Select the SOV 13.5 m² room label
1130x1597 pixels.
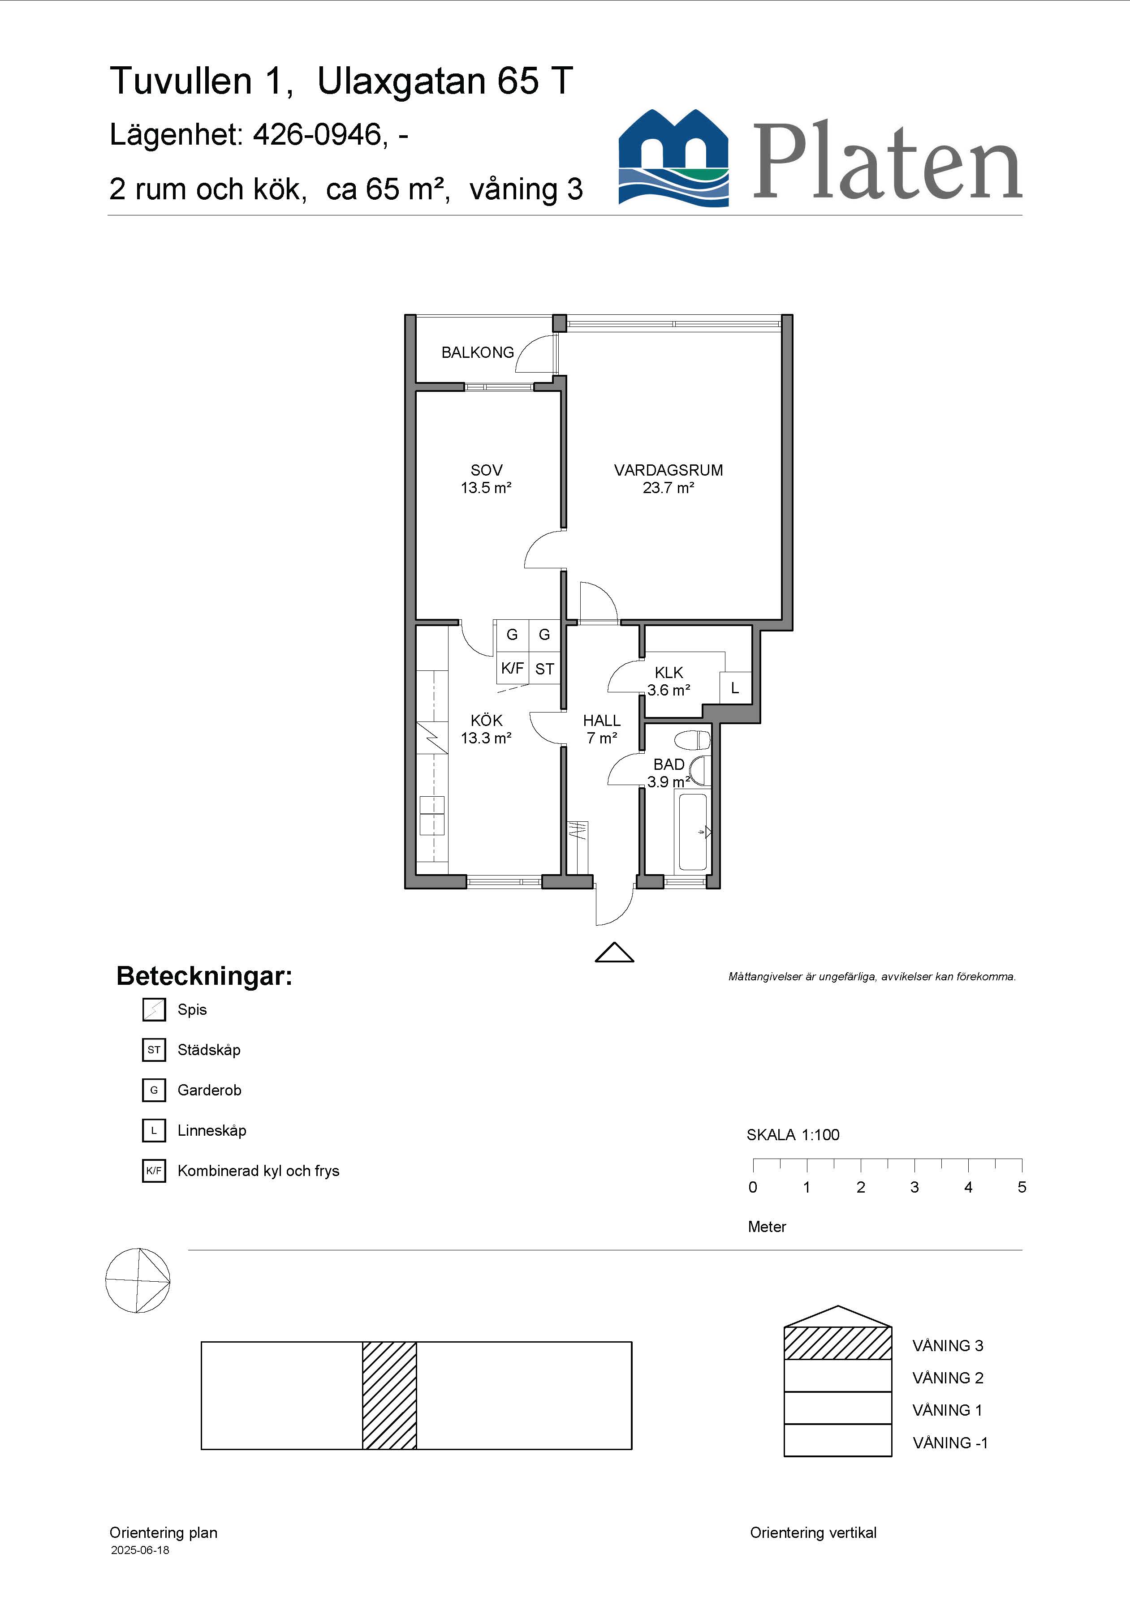pos(487,479)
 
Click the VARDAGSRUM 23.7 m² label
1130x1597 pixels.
pos(668,479)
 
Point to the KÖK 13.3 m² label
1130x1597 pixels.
pos(487,730)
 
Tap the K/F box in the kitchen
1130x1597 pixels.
pos(512,669)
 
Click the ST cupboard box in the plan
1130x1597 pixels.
pos(544,669)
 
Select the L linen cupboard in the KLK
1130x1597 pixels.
pos(735,688)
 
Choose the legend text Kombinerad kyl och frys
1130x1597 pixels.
pos(258,1171)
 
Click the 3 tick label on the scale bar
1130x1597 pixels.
pos(914,1187)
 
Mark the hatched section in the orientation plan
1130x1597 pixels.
pos(390,1395)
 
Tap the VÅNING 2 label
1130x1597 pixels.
pos(948,1378)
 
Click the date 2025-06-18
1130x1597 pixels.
pos(140,1550)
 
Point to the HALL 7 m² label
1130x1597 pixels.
pos(602,730)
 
